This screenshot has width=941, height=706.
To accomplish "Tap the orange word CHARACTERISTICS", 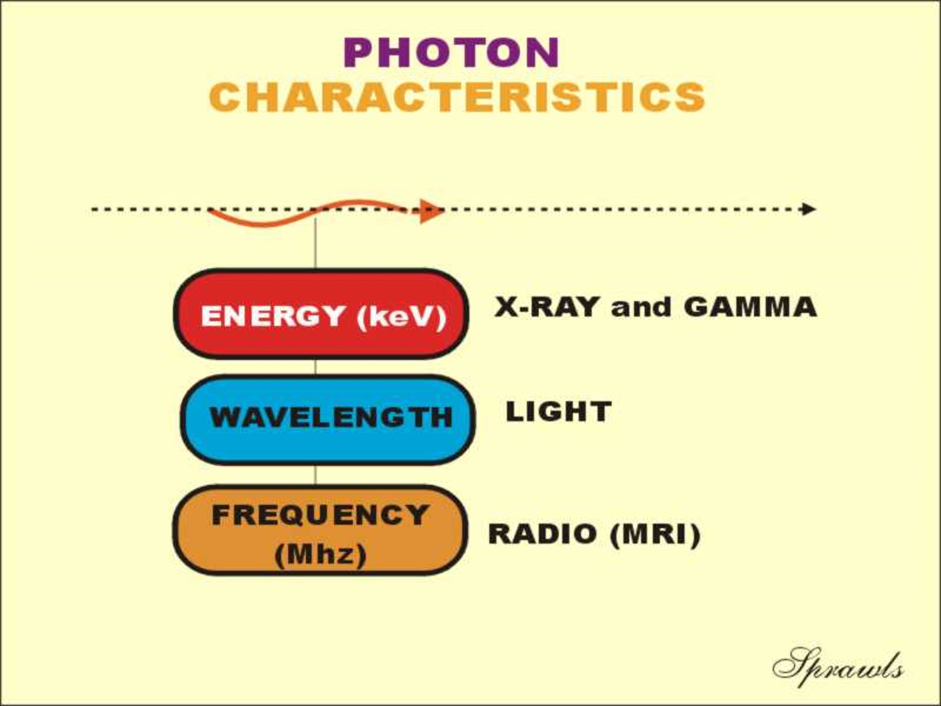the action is click(457, 97).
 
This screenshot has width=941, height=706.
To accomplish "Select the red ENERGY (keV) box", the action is click(322, 314).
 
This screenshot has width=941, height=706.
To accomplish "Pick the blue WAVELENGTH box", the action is click(327, 420).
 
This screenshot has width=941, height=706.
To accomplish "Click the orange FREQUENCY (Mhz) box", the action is click(320, 530).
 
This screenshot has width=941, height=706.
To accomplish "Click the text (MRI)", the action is click(656, 534).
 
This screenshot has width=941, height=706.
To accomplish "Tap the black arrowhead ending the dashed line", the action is click(809, 209).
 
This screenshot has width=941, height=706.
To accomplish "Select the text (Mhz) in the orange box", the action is click(320, 554).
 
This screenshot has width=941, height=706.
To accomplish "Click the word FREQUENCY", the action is click(320, 515).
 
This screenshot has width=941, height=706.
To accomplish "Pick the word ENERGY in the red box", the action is click(273, 316).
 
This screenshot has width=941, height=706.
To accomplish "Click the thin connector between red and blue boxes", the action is click(315, 367).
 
